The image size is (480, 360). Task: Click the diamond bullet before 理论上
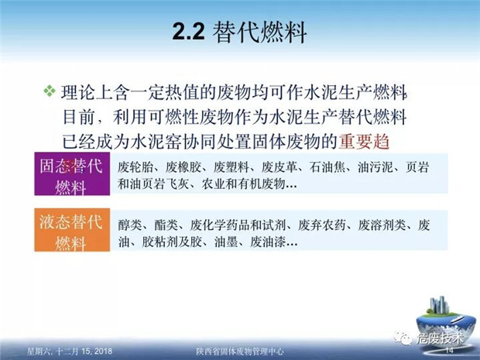50,92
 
